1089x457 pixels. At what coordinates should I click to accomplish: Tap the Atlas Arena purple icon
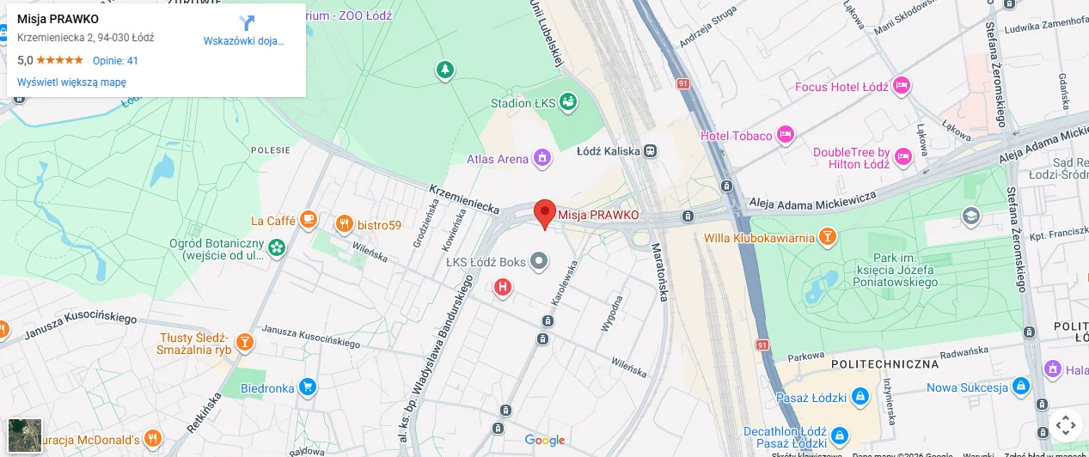(541, 158)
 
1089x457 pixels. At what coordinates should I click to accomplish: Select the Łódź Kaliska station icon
(651, 150)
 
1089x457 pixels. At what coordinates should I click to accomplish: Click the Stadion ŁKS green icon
(567, 103)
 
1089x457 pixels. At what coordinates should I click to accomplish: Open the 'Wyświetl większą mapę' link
(71, 82)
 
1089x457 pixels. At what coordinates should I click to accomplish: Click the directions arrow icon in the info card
(247, 23)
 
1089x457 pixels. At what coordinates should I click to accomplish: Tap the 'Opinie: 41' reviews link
(115, 60)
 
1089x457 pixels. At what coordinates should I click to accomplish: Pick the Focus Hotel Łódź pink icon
(901, 86)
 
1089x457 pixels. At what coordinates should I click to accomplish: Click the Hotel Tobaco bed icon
(785, 135)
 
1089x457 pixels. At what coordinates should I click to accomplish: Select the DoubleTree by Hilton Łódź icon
(902, 156)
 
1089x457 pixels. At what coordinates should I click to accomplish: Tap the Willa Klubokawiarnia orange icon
(827, 236)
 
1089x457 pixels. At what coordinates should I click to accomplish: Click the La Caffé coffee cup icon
(309, 221)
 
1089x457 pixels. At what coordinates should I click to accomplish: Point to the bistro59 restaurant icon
(344, 225)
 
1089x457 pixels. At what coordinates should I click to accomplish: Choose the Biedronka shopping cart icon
(308, 387)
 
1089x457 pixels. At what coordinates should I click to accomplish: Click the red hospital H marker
(503, 287)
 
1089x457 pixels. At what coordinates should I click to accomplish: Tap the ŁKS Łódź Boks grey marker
(539, 261)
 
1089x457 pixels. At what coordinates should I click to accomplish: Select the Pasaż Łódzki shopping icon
(860, 397)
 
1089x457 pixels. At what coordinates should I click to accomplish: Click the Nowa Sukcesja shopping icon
(1020, 387)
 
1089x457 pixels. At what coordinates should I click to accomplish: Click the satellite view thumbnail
(25, 436)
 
